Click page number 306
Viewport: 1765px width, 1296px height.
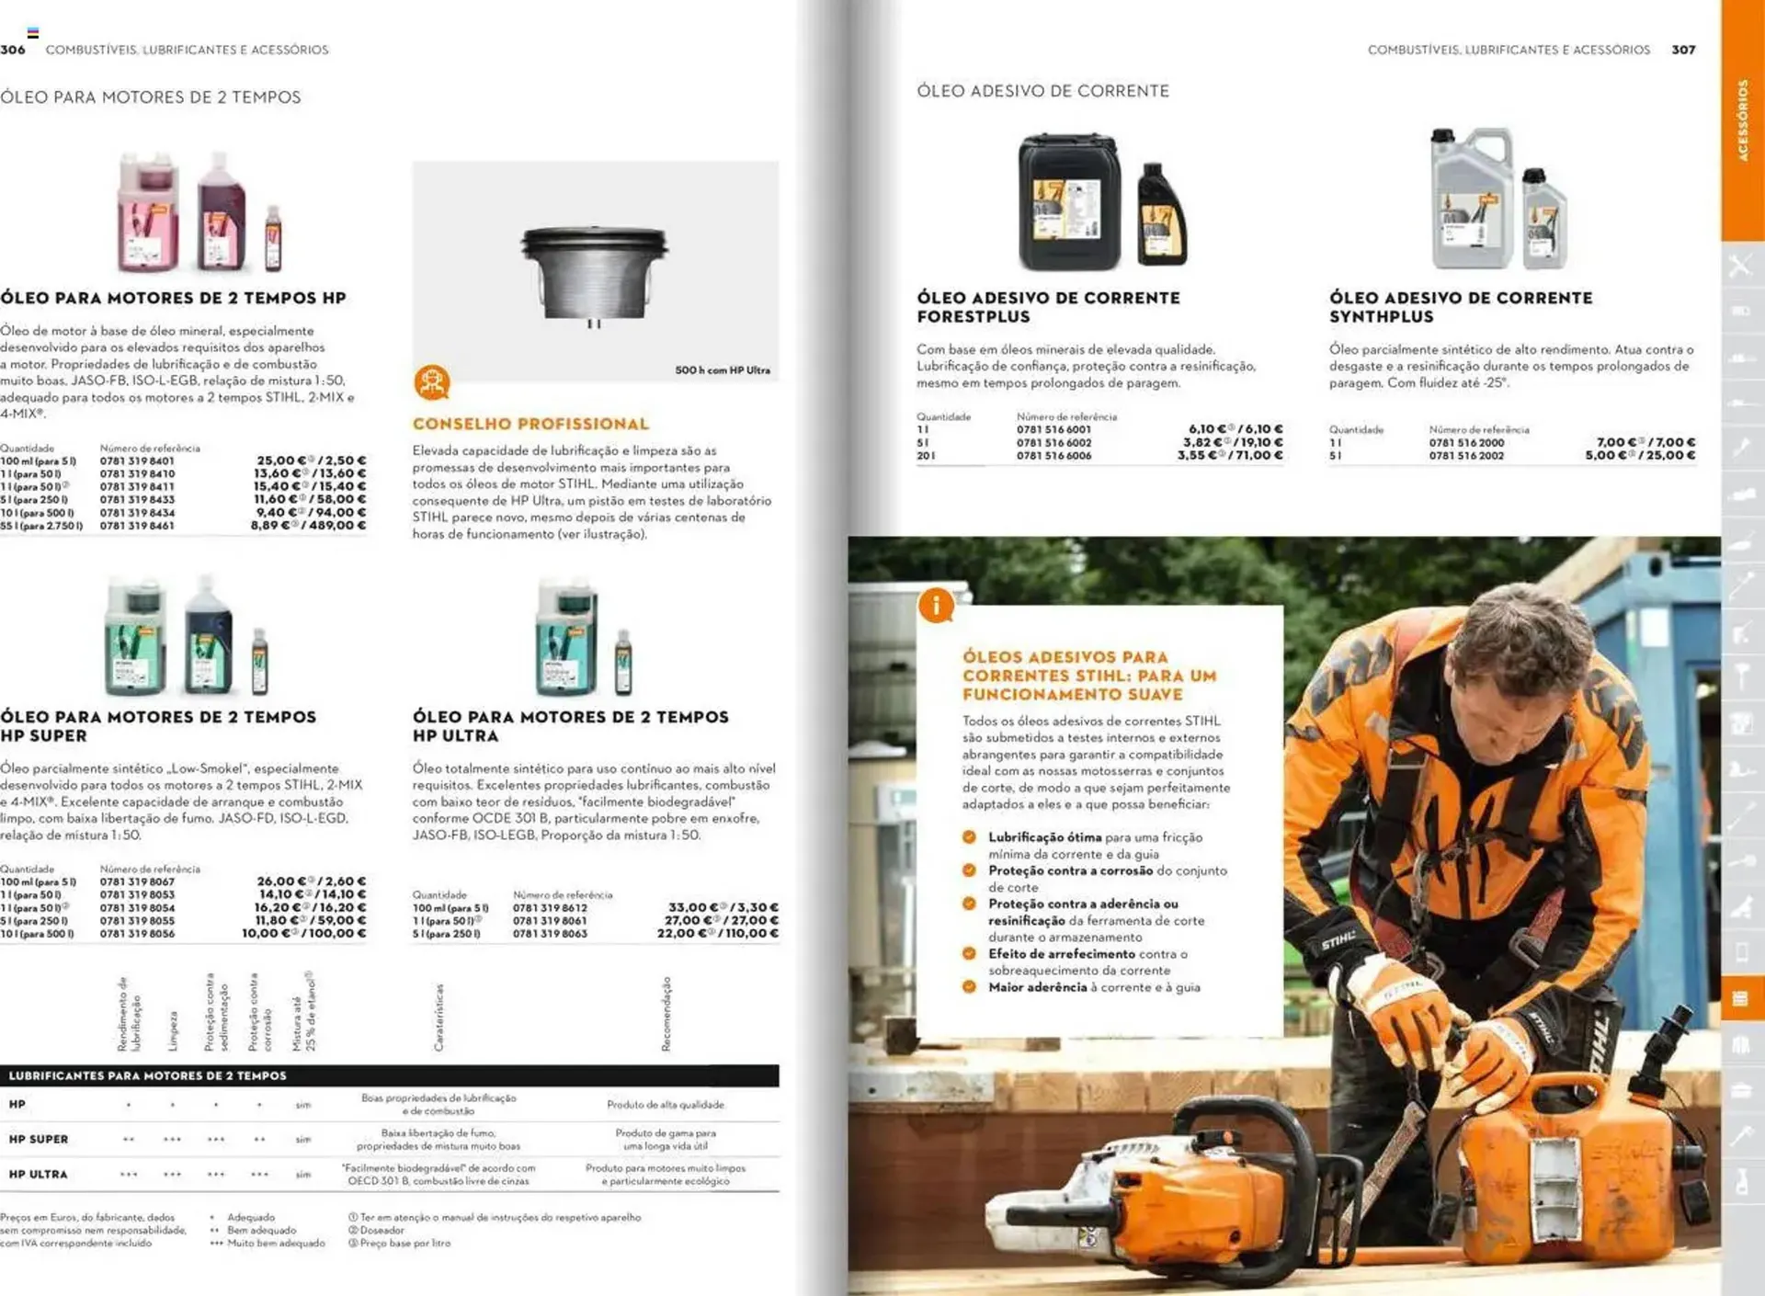point(13,50)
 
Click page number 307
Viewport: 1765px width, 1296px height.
point(1683,50)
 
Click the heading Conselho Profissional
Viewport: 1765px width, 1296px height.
point(530,424)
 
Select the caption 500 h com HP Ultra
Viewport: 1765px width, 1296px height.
point(723,370)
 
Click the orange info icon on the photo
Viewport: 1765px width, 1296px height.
point(936,606)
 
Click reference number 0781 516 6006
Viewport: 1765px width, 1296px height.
point(1053,456)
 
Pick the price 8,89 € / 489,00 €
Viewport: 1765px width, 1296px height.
point(309,526)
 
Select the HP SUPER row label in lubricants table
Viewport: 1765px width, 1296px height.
point(39,1139)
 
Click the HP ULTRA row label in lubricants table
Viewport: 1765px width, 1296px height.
point(38,1174)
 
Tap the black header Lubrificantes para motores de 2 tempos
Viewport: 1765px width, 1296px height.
point(147,1075)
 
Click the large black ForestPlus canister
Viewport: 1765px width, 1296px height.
point(1069,202)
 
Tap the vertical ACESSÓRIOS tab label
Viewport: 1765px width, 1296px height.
point(1742,119)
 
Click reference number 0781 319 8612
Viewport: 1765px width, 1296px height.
point(550,908)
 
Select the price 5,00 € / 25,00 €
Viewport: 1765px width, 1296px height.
point(1640,456)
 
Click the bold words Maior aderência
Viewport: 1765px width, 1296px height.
point(1037,987)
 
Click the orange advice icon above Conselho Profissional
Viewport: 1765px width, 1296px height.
point(431,382)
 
